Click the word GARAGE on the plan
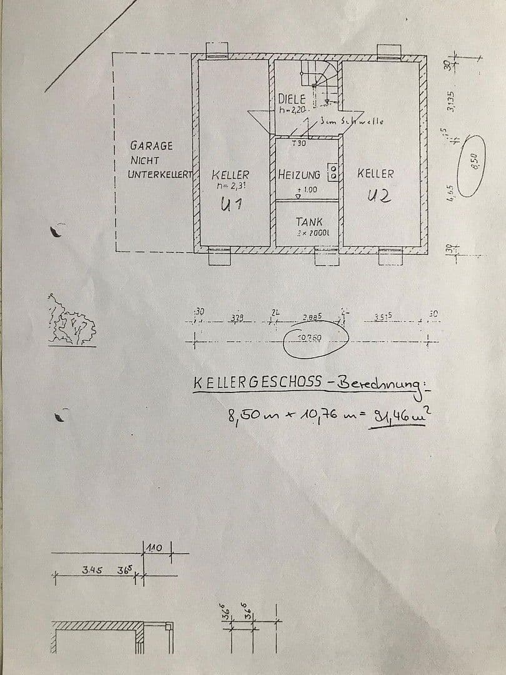[x=151, y=146]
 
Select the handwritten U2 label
[x=379, y=195]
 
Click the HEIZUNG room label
[x=299, y=175]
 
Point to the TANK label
[x=309, y=221]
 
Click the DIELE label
[x=292, y=99]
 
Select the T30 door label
[x=299, y=144]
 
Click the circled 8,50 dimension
[x=474, y=162]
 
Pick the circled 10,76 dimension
[x=315, y=338]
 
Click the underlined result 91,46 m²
[x=397, y=414]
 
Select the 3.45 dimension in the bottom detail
[x=92, y=570]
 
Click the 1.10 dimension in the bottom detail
[x=153, y=548]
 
